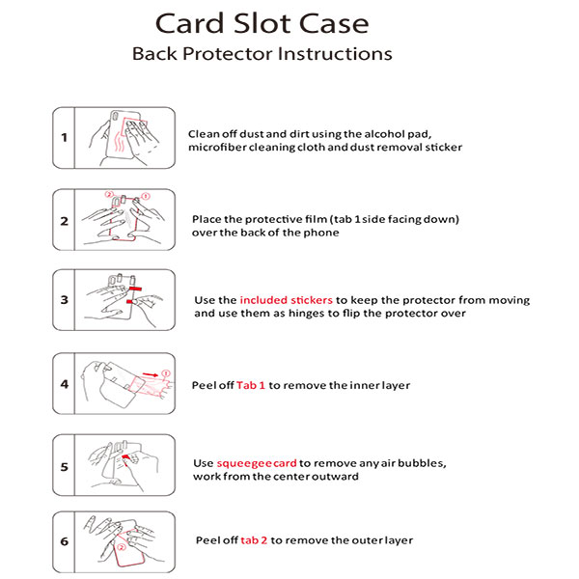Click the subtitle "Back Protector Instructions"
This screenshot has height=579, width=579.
pos(262,53)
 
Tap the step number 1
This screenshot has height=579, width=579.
pos(65,137)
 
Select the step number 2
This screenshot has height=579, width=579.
pos(65,221)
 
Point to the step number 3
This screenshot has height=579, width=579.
pos(65,300)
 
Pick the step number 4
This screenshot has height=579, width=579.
pos(65,384)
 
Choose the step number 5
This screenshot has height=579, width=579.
pos(65,466)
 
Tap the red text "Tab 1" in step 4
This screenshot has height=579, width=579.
pos(251,385)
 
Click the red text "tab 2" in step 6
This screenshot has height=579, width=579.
pos(254,540)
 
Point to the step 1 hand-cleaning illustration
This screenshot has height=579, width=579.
pos(126,137)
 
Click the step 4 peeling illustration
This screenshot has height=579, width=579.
pos(126,384)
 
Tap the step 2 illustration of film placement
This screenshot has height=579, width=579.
pos(126,221)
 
